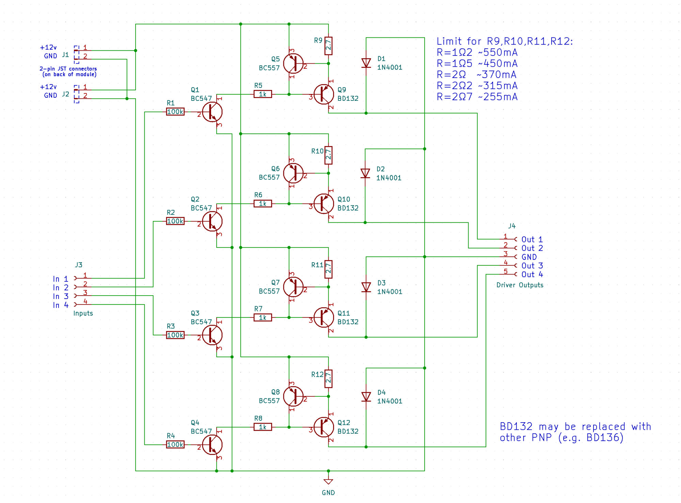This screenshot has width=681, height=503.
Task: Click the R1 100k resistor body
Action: pos(175,112)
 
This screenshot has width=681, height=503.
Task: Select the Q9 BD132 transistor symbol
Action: pos(323,94)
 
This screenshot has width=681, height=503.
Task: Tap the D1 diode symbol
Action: pos(366,63)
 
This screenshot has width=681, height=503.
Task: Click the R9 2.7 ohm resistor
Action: pos(328,46)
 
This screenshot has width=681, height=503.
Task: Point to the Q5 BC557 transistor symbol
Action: pos(293,63)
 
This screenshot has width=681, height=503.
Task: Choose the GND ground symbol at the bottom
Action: pos(328,481)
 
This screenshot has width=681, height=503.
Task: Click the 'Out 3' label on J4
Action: pos(532,266)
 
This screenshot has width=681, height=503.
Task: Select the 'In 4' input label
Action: pos(61,305)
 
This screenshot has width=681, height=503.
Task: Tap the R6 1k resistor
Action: pos(263,204)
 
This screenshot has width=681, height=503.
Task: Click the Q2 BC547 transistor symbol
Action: pos(212,221)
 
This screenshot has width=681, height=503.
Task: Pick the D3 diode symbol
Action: pos(366,287)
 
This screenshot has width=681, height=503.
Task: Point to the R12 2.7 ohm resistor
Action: pos(328,378)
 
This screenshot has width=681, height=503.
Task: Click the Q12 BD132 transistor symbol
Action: pos(323,427)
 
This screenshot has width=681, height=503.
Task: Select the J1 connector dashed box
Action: pos(77,54)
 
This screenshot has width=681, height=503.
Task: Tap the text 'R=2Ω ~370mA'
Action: pos(477,75)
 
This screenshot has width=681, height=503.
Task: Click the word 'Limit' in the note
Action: pos(449,41)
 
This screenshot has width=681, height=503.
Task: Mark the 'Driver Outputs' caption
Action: pos(520,285)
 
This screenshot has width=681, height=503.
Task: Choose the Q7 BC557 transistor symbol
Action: pos(293,287)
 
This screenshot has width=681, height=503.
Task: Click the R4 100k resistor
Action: pos(175,444)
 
